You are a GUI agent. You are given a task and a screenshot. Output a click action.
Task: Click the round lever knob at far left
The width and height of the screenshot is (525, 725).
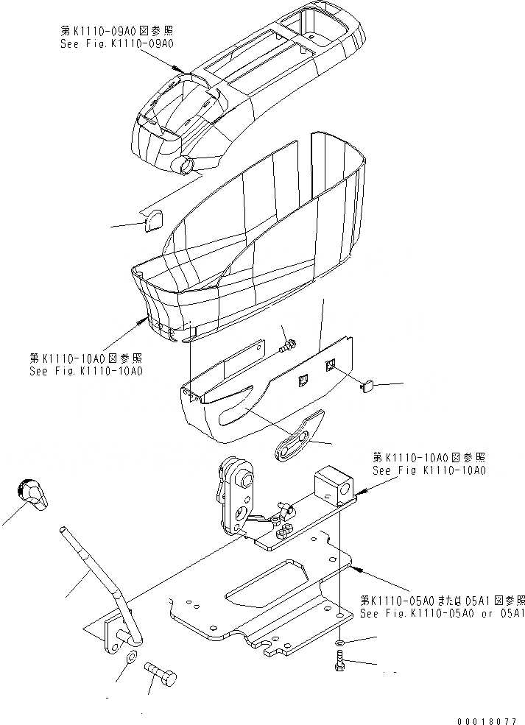pyautogui.click(x=32, y=492)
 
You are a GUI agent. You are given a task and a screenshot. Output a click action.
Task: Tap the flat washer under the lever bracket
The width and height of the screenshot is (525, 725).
pyautogui.click(x=132, y=657)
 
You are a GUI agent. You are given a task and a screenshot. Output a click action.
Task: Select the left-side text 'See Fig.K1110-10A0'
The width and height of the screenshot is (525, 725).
pyautogui.click(x=85, y=371)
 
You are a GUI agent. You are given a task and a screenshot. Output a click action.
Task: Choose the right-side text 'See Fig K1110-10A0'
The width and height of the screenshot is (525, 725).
pyautogui.click(x=429, y=470)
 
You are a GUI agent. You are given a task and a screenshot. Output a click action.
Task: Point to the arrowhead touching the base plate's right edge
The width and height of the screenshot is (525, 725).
pyautogui.click(x=354, y=567)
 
